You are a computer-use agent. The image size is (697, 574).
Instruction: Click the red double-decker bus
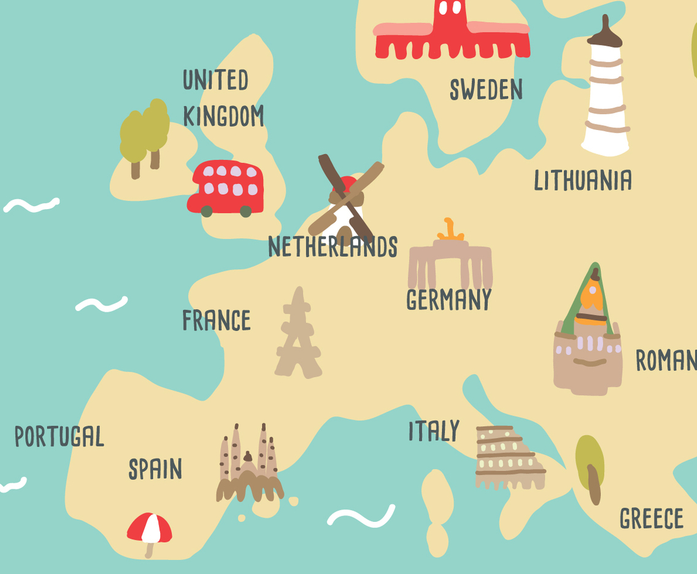[x=226, y=188]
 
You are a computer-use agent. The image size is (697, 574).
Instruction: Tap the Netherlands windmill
[x=345, y=199]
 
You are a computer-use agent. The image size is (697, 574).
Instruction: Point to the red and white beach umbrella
[x=150, y=529]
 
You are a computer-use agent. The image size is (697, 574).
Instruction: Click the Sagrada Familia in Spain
[x=249, y=466]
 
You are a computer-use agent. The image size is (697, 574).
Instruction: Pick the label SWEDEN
[x=486, y=90]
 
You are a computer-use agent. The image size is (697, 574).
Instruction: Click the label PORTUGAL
[x=60, y=437]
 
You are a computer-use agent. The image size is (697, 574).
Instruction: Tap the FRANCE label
[x=217, y=321]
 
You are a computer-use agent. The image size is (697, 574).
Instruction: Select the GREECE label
[x=652, y=519]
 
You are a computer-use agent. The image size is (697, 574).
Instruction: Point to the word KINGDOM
[x=223, y=116]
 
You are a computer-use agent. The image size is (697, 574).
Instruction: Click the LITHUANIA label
[x=583, y=180]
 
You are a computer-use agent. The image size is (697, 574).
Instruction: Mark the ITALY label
[x=434, y=431]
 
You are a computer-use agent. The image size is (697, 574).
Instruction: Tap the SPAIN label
[x=155, y=470]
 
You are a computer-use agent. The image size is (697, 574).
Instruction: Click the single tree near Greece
[x=590, y=466]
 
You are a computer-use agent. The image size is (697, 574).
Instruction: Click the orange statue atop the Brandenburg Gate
[x=451, y=230]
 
